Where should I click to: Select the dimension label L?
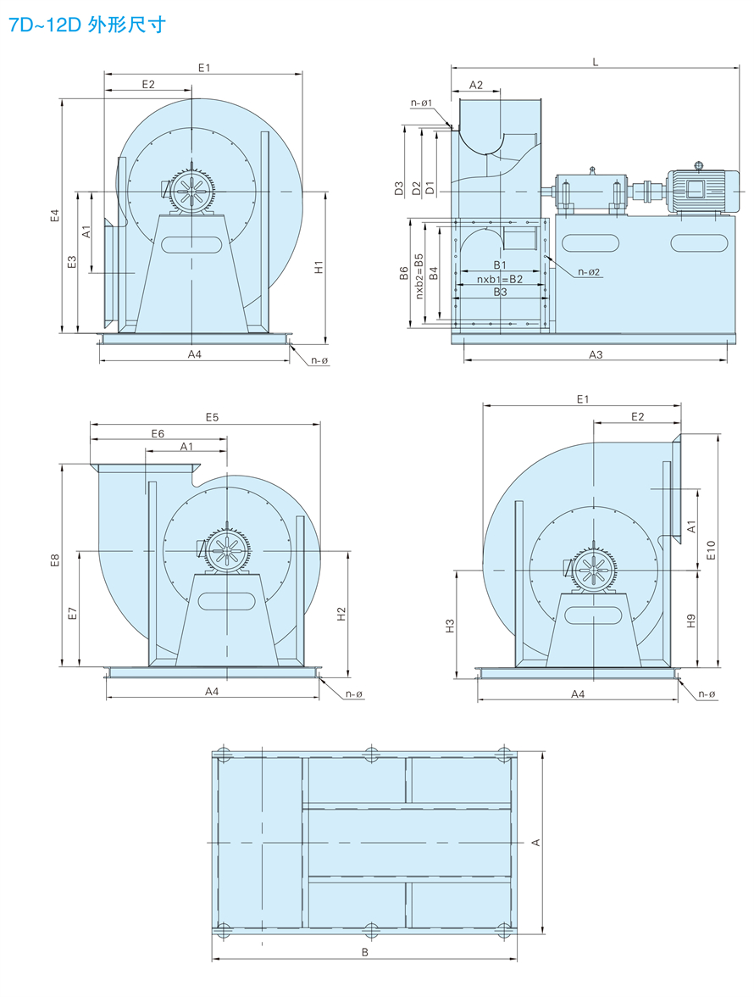pyautogui.click(x=595, y=63)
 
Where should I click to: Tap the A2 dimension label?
pyautogui.click(x=475, y=85)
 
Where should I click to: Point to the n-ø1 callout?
pyautogui.click(x=422, y=103)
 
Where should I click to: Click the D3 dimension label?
pyautogui.click(x=399, y=188)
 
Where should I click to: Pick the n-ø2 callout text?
pyautogui.click(x=589, y=272)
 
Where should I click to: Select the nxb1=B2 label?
pyautogui.click(x=500, y=279)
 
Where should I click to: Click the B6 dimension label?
pyautogui.click(x=404, y=273)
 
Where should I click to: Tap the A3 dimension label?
pyautogui.click(x=596, y=354)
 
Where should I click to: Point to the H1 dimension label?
pyautogui.click(x=319, y=267)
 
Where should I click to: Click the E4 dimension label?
pyautogui.click(x=54, y=215)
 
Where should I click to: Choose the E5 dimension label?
pyautogui.click(x=212, y=416)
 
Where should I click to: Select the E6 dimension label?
pyautogui.click(x=158, y=433)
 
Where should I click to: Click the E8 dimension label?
pyautogui.click(x=55, y=560)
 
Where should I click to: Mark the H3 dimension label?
pyautogui.click(x=451, y=625)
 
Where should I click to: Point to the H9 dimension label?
pyautogui.click(x=691, y=620)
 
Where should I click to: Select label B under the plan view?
pyautogui.click(x=365, y=952)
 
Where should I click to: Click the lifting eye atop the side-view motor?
pyautogui.click(x=698, y=165)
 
